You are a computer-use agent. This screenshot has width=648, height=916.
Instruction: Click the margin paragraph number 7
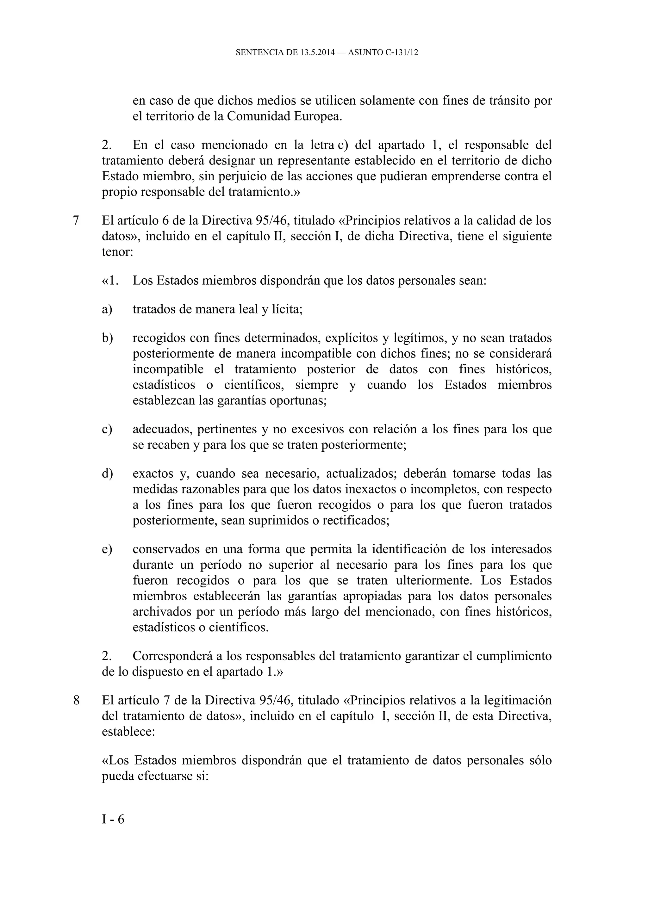pos(76,220)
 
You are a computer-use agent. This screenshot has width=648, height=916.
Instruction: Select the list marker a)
pos(107,309)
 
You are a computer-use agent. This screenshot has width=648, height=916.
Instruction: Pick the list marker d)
pos(107,473)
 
